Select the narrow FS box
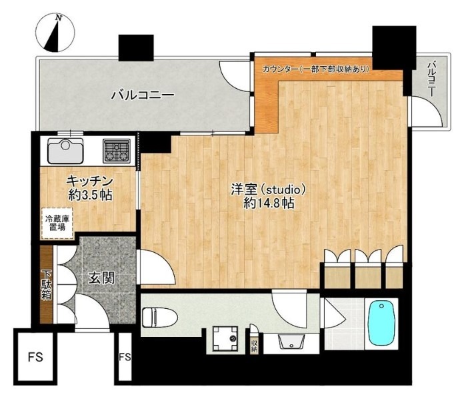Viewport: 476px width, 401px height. (x=125, y=357)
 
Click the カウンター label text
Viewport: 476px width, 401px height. (x=280, y=69)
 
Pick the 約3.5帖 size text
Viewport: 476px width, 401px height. (x=88, y=196)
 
